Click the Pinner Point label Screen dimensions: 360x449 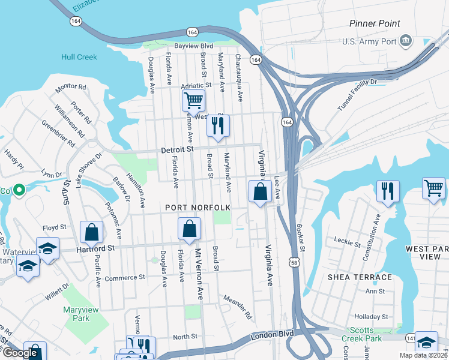[375, 23]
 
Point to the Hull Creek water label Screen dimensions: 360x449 [78, 58]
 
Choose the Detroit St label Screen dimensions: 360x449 [178, 149]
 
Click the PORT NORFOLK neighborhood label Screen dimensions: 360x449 [198, 208]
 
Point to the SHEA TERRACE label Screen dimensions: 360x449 [360, 277]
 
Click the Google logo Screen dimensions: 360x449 [20, 353]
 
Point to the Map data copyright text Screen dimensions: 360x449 [423, 355]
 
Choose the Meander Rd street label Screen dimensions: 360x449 [236, 306]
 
